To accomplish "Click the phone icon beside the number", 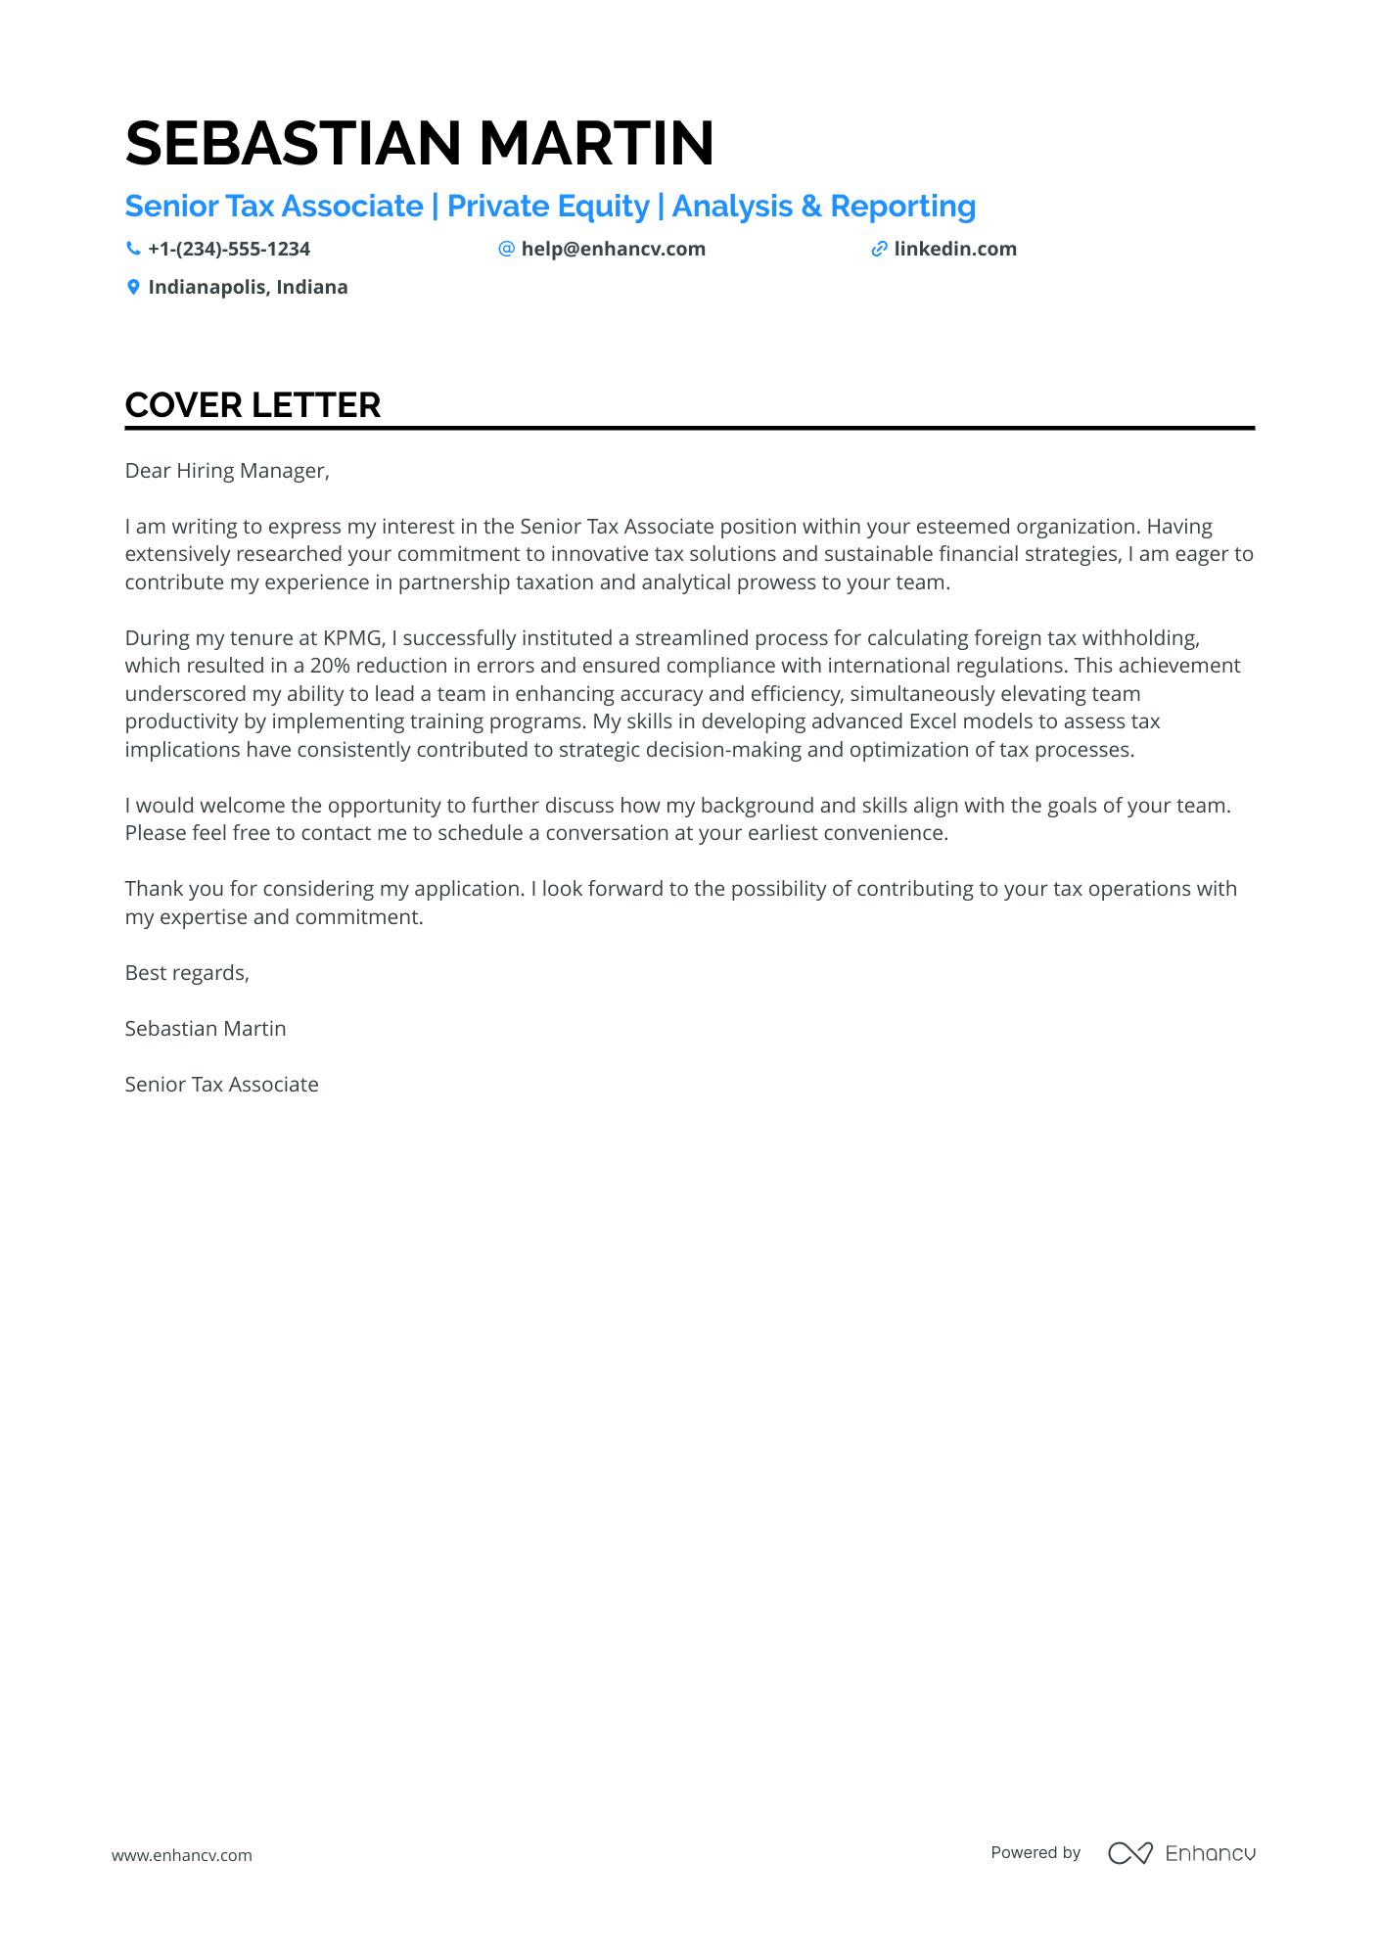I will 133,250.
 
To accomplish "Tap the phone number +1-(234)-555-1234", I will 229,250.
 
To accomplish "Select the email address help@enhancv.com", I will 613,250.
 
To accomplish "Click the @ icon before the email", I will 506,250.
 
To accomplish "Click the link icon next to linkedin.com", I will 879,250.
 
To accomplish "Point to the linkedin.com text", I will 955,250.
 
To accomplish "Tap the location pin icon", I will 133,288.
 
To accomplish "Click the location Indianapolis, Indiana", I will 248,288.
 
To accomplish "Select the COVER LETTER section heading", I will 253,405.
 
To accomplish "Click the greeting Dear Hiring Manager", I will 227,471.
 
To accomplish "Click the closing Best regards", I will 187,973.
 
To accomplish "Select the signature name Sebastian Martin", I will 206,1029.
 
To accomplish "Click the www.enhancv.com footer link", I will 182,1855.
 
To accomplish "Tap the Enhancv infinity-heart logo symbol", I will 1129,1853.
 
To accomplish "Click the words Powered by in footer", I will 1035,1853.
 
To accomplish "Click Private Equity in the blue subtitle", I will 548,207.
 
